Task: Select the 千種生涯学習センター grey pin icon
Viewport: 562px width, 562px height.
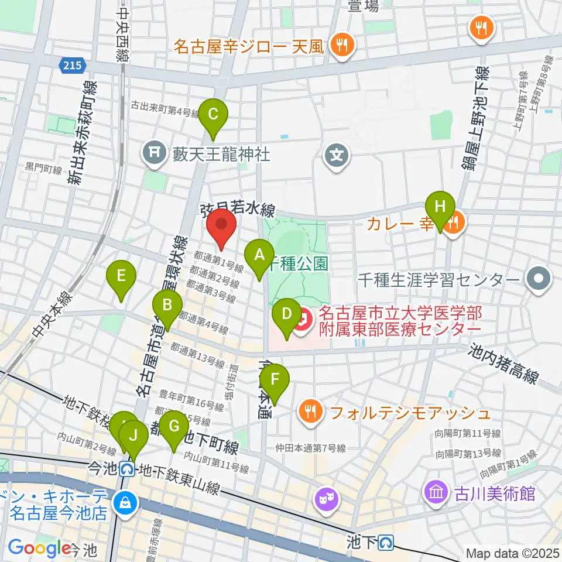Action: (539, 279)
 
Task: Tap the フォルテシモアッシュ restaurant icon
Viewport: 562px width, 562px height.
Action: (310, 413)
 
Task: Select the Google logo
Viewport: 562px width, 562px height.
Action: (39, 549)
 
